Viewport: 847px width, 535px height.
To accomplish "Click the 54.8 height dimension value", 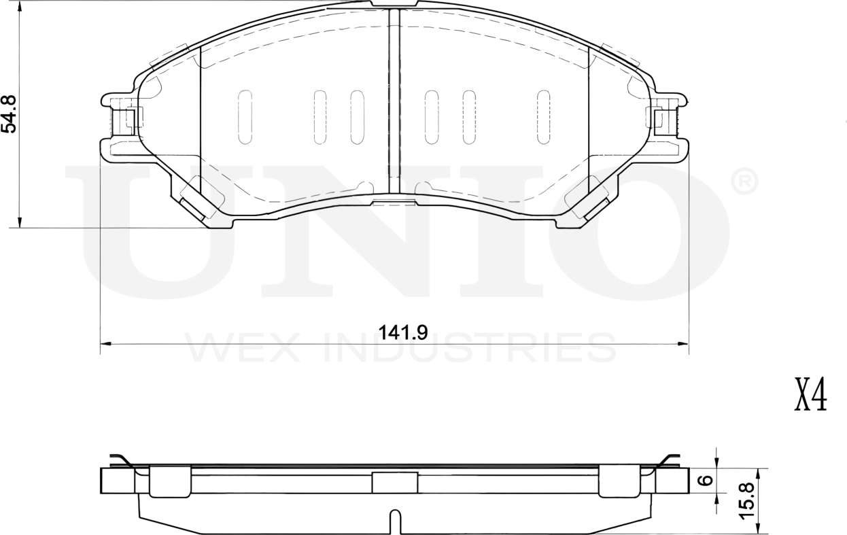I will pos(10,114).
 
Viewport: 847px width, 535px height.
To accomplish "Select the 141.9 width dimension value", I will pos(402,332).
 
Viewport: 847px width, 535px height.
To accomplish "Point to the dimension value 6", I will pos(706,481).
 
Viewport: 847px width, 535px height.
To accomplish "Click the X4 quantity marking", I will pos(810,396).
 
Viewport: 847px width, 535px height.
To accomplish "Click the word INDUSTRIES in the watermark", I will pos(469,348).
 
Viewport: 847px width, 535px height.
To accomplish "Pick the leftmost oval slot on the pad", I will pos(245,117).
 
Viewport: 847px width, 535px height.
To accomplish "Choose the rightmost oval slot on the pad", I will pos(542,117).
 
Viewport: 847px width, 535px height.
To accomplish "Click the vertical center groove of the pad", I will pos(393,102).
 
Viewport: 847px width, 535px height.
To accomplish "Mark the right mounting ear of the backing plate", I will pos(668,126).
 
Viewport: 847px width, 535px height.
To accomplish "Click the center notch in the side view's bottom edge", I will pos(395,522).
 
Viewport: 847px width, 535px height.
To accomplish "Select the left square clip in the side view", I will pos(169,481).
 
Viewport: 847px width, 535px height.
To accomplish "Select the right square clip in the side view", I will pos(619,481).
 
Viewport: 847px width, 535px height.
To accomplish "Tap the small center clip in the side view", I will pos(394,483).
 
